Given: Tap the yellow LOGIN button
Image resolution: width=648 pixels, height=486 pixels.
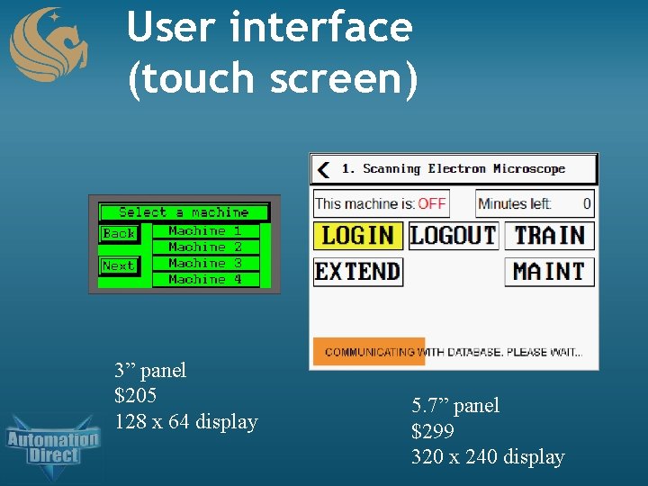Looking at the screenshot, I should [357, 236].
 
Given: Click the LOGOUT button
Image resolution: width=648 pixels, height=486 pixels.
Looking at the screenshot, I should [453, 236].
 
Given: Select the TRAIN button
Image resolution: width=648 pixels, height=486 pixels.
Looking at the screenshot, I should [549, 236].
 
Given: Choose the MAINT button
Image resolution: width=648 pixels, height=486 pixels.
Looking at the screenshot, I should [549, 271].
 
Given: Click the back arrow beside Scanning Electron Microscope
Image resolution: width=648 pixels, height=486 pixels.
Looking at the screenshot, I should [324, 169].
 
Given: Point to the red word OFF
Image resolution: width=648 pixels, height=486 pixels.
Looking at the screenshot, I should [431, 203].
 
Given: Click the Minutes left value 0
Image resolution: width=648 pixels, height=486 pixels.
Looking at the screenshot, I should [587, 203].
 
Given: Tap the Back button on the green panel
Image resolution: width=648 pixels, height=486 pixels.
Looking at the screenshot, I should [119, 233].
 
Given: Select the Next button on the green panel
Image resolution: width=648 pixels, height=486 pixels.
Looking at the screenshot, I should [119, 265].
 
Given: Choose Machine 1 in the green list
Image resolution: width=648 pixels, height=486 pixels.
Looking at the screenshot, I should [204, 230].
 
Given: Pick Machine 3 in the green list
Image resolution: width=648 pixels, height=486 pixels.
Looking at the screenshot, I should [204, 263].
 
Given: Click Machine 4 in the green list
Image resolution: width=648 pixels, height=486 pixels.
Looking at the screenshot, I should [204, 279].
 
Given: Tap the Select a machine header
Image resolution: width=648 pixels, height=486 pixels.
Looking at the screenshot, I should [184, 212].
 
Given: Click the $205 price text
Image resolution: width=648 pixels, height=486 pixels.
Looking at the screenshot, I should [136, 395].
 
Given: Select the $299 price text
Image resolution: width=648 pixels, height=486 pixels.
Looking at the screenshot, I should [433, 431].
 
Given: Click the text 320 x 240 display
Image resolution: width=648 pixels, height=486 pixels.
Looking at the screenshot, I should [488, 457].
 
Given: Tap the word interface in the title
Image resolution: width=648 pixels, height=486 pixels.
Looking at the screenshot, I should [320, 27].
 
